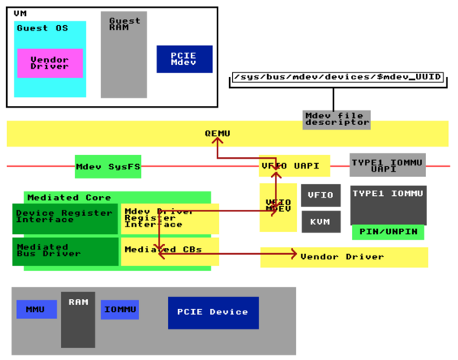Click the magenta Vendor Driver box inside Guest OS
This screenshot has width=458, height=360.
50,63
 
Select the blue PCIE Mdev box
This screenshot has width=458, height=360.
184,59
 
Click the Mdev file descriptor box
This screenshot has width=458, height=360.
336,120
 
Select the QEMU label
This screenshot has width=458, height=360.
217,133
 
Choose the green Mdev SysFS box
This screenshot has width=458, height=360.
108,166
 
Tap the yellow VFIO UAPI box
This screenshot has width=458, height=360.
295,166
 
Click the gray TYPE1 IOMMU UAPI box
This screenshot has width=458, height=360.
387,165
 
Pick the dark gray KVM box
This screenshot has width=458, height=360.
320,221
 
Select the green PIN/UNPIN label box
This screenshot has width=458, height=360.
388,232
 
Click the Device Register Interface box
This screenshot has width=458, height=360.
66,218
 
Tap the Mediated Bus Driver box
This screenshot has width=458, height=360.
66,252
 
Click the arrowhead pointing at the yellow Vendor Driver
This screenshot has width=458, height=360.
293,253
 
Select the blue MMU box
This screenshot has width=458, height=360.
37,309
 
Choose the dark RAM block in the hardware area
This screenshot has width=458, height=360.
78,319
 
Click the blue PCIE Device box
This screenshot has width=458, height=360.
213,313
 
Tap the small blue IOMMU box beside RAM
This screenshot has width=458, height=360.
120,309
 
